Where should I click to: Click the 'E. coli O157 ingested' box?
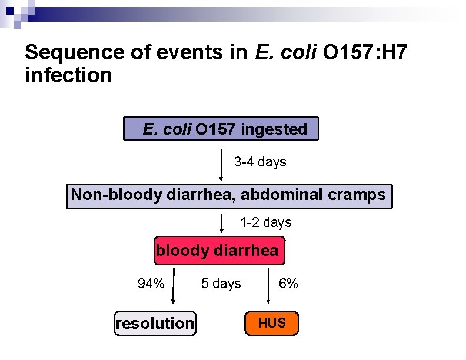[x=221, y=129]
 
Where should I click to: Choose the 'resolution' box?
[x=155, y=323]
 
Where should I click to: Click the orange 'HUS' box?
[x=272, y=323]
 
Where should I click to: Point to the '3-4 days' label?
[x=260, y=162]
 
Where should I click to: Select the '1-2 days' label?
[x=265, y=223]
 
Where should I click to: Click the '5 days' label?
[x=221, y=284]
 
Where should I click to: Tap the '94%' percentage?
[x=151, y=284]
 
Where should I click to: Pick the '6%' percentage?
[x=288, y=284]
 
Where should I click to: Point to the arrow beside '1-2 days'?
[x=221, y=223]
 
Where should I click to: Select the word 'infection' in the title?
[x=68, y=75]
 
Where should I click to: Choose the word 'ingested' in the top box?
[x=274, y=129]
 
